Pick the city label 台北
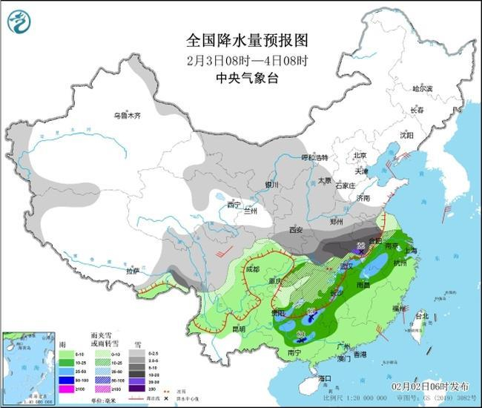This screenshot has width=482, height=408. (x=420, y=315)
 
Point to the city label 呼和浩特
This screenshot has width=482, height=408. (x=314, y=158)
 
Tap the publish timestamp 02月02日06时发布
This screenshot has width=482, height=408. (x=429, y=386)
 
